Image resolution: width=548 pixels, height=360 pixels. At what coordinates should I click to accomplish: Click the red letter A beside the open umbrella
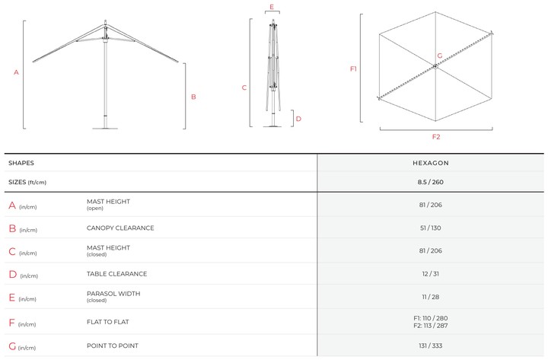click(x=16, y=72)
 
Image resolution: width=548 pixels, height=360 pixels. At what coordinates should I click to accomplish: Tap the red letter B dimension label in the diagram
click(x=193, y=97)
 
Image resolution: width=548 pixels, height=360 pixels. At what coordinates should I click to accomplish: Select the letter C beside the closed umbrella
click(x=244, y=88)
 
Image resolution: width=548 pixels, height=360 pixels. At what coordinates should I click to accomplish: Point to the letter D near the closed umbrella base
click(x=298, y=119)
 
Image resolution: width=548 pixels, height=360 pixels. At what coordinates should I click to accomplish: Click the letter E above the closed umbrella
click(x=272, y=7)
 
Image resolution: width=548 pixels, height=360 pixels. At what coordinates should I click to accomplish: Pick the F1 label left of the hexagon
click(x=353, y=68)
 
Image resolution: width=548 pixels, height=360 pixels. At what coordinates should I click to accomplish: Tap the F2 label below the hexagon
click(x=436, y=137)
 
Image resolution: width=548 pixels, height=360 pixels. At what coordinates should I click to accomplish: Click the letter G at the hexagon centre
click(x=440, y=56)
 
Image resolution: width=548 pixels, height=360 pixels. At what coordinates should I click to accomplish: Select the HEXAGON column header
click(x=431, y=163)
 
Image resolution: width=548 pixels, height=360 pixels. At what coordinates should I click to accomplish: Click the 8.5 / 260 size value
click(x=431, y=182)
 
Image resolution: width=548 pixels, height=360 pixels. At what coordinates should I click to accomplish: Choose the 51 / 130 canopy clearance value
click(x=431, y=228)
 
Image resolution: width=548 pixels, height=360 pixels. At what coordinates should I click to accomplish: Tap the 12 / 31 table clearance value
click(x=431, y=274)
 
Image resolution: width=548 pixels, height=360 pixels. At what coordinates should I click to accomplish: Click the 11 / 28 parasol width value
click(x=431, y=297)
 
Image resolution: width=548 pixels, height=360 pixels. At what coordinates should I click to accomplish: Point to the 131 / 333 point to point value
click(x=431, y=346)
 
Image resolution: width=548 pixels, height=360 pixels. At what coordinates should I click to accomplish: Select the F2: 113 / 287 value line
click(x=431, y=326)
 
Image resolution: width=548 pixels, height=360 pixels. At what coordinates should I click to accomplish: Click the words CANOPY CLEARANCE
click(x=120, y=228)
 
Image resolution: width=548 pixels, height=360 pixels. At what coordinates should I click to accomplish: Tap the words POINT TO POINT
click(x=113, y=346)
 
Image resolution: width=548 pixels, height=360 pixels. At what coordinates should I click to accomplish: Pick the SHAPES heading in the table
click(x=21, y=163)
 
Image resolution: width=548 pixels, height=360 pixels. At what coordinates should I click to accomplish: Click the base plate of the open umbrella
click(x=105, y=129)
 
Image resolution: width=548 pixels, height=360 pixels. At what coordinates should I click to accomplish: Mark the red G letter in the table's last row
click(x=12, y=346)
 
